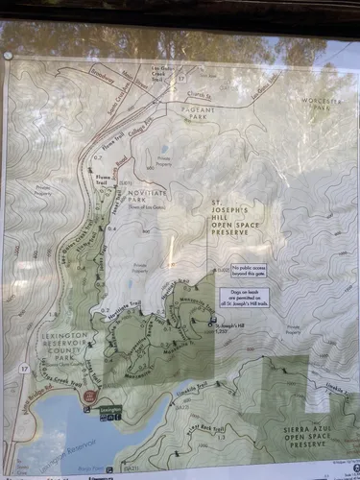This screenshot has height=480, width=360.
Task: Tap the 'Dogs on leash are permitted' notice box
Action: coord(248,297)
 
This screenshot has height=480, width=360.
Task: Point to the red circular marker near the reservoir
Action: coord(89,396)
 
